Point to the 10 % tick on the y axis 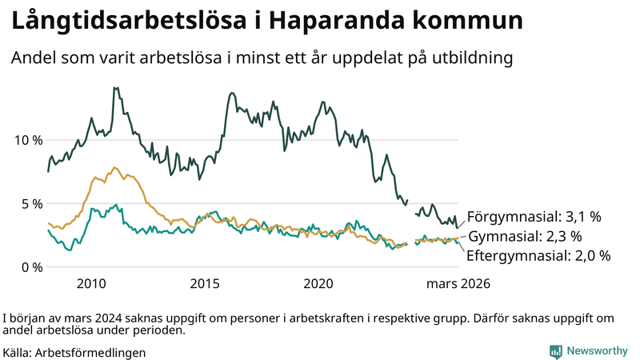point(28,140)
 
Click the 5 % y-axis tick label point(31,203)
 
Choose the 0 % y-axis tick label point(31,267)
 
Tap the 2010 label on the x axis point(91,284)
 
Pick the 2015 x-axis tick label point(205,284)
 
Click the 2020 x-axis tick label point(318,284)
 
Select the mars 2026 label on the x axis point(458,284)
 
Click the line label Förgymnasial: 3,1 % point(534,217)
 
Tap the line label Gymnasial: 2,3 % point(524,237)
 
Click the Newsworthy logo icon point(555,351)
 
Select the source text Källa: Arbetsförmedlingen point(74,352)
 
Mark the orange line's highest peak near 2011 point(114,168)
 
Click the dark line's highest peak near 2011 point(116,88)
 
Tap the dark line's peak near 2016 point(231,94)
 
